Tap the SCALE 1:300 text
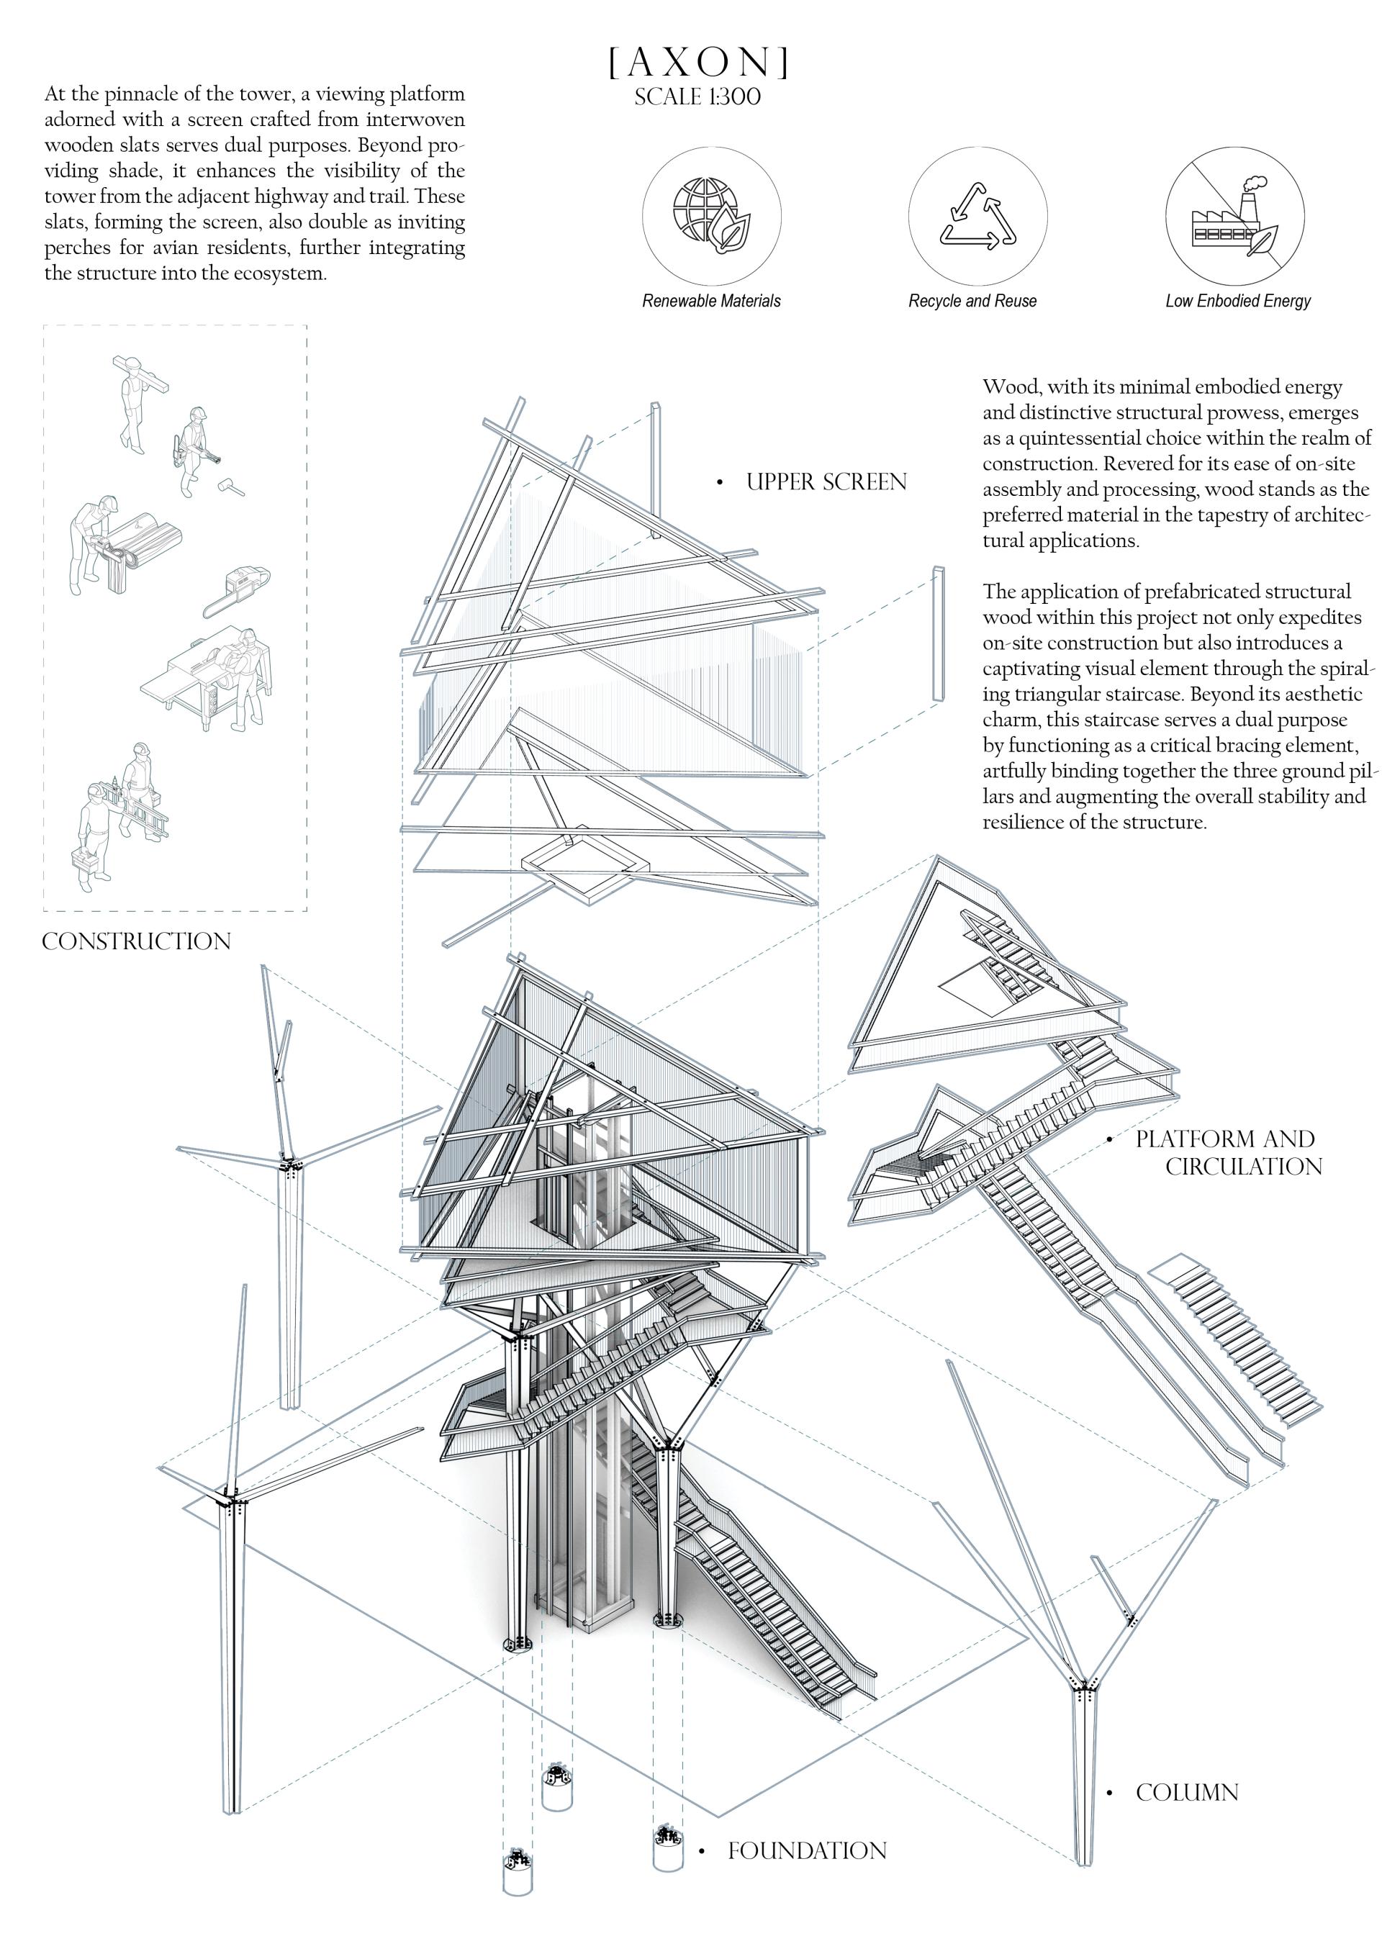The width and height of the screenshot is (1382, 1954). click(x=697, y=97)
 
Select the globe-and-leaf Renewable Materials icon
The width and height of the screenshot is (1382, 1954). click(x=711, y=215)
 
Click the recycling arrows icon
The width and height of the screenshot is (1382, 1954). click(x=977, y=215)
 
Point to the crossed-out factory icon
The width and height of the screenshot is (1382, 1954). click(x=1234, y=215)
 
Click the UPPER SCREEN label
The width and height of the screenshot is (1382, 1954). click(x=826, y=481)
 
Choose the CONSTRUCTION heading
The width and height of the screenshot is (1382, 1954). click(x=136, y=941)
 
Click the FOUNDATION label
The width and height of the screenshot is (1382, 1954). click(x=807, y=1851)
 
